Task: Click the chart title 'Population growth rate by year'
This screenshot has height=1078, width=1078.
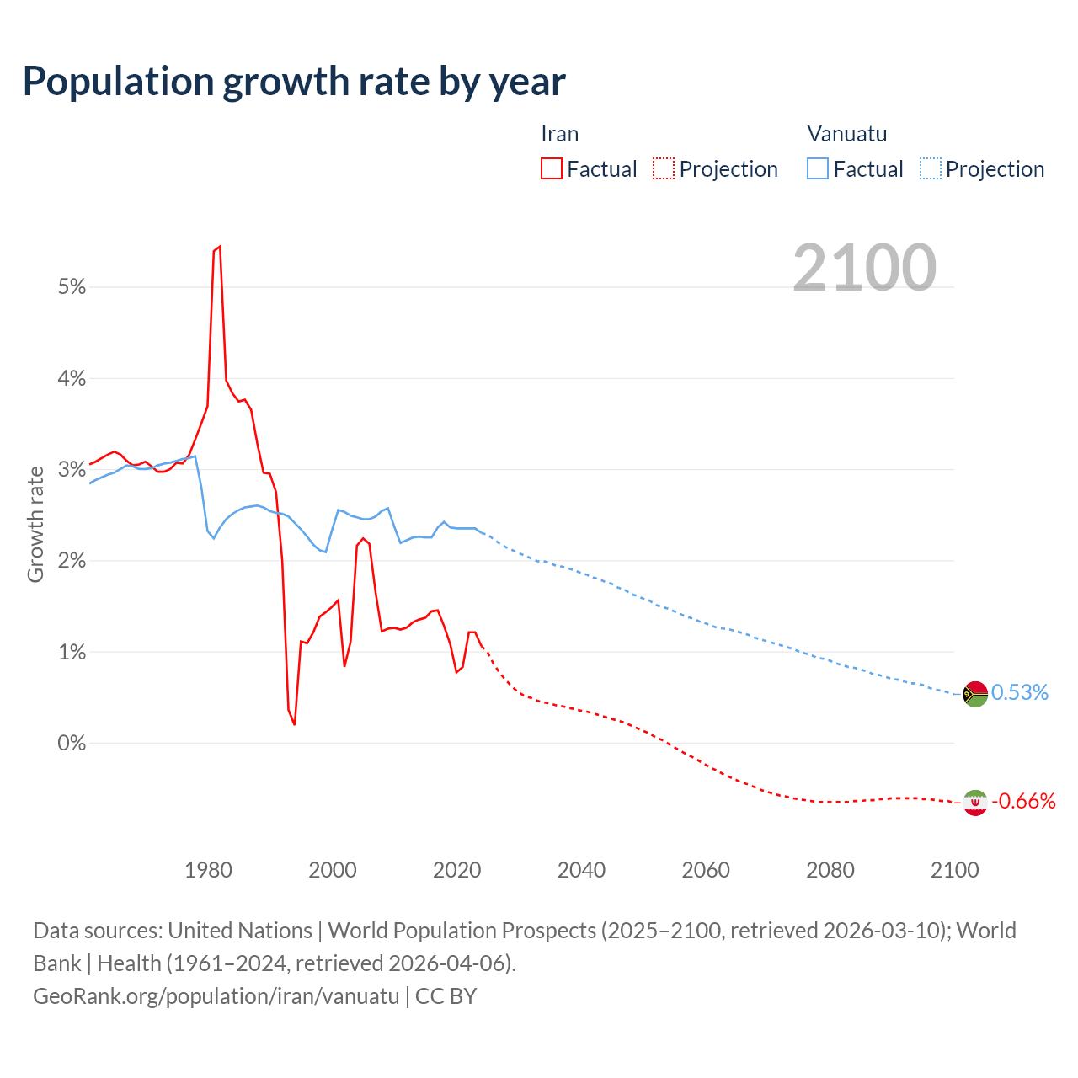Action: pyautogui.click(x=294, y=82)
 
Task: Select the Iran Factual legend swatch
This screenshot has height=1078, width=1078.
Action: pyautogui.click(x=552, y=168)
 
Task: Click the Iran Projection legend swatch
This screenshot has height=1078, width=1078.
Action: pyautogui.click(x=664, y=168)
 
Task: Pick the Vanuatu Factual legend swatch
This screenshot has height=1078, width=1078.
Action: pyautogui.click(x=818, y=168)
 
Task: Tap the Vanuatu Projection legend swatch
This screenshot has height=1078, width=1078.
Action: pyautogui.click(x=930, y=168)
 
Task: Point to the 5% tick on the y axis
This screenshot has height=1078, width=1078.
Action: pyautogui.click(x=72, y=287)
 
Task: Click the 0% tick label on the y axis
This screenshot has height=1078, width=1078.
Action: pyautogui.click(x=72, y=744)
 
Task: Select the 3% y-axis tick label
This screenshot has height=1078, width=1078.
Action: pyautogui.click(x=72, y=470)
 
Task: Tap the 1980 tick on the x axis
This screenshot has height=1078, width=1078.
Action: pyautogui.click(x=208, y=870)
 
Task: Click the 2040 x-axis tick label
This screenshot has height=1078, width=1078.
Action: pyautogui.click(x=581, y=870)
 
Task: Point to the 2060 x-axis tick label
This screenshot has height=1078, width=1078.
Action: pyautogui.click(x=706, y=870)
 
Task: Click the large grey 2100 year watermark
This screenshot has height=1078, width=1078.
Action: pyautogui.click(x=864, y=268)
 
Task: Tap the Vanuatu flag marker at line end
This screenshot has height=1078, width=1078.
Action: pyautogui.click(x=975, y=694)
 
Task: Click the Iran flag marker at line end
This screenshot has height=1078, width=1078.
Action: pyautogui.click(x=975, y=803)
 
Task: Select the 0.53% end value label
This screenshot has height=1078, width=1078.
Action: pyautogui.click(x=1020, y=693)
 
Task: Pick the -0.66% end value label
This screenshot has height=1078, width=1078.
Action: pyautogui.click(x=1023, y=802)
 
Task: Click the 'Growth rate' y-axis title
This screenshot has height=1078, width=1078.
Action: pyautogui.click(x=35, y=524)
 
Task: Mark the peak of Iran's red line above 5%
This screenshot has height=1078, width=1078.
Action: pyautogui.click(x=219, y=247)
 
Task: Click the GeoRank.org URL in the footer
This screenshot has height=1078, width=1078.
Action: pyautogui.click(x=216, y=996)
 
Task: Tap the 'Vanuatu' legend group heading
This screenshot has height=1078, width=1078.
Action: pyautogui.click(x=847, y=134)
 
